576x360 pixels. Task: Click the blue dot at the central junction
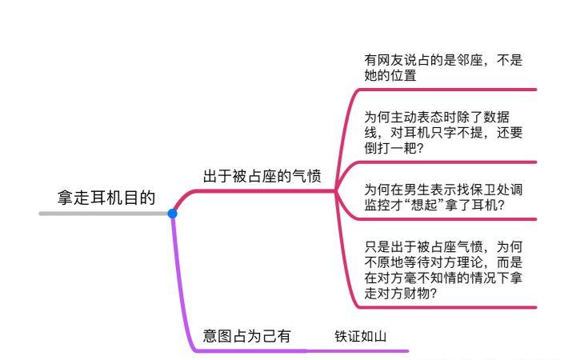point(172,214)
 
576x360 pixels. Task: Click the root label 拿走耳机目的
point(106,197)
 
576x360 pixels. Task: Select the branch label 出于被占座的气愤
point(262,176)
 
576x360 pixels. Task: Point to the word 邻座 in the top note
point(466,60)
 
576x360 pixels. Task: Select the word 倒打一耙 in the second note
point(390,148)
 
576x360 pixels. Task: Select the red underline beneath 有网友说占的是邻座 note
point(448,90)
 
